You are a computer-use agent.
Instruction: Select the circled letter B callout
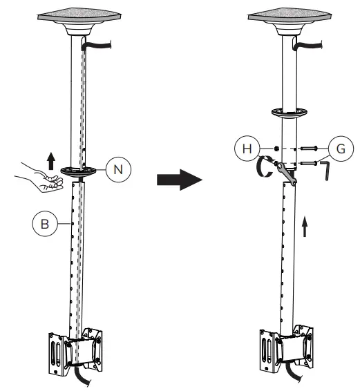click(43, 224)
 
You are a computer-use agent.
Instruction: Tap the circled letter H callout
click(246, 149)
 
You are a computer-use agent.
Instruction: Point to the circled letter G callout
click(338, 148)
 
